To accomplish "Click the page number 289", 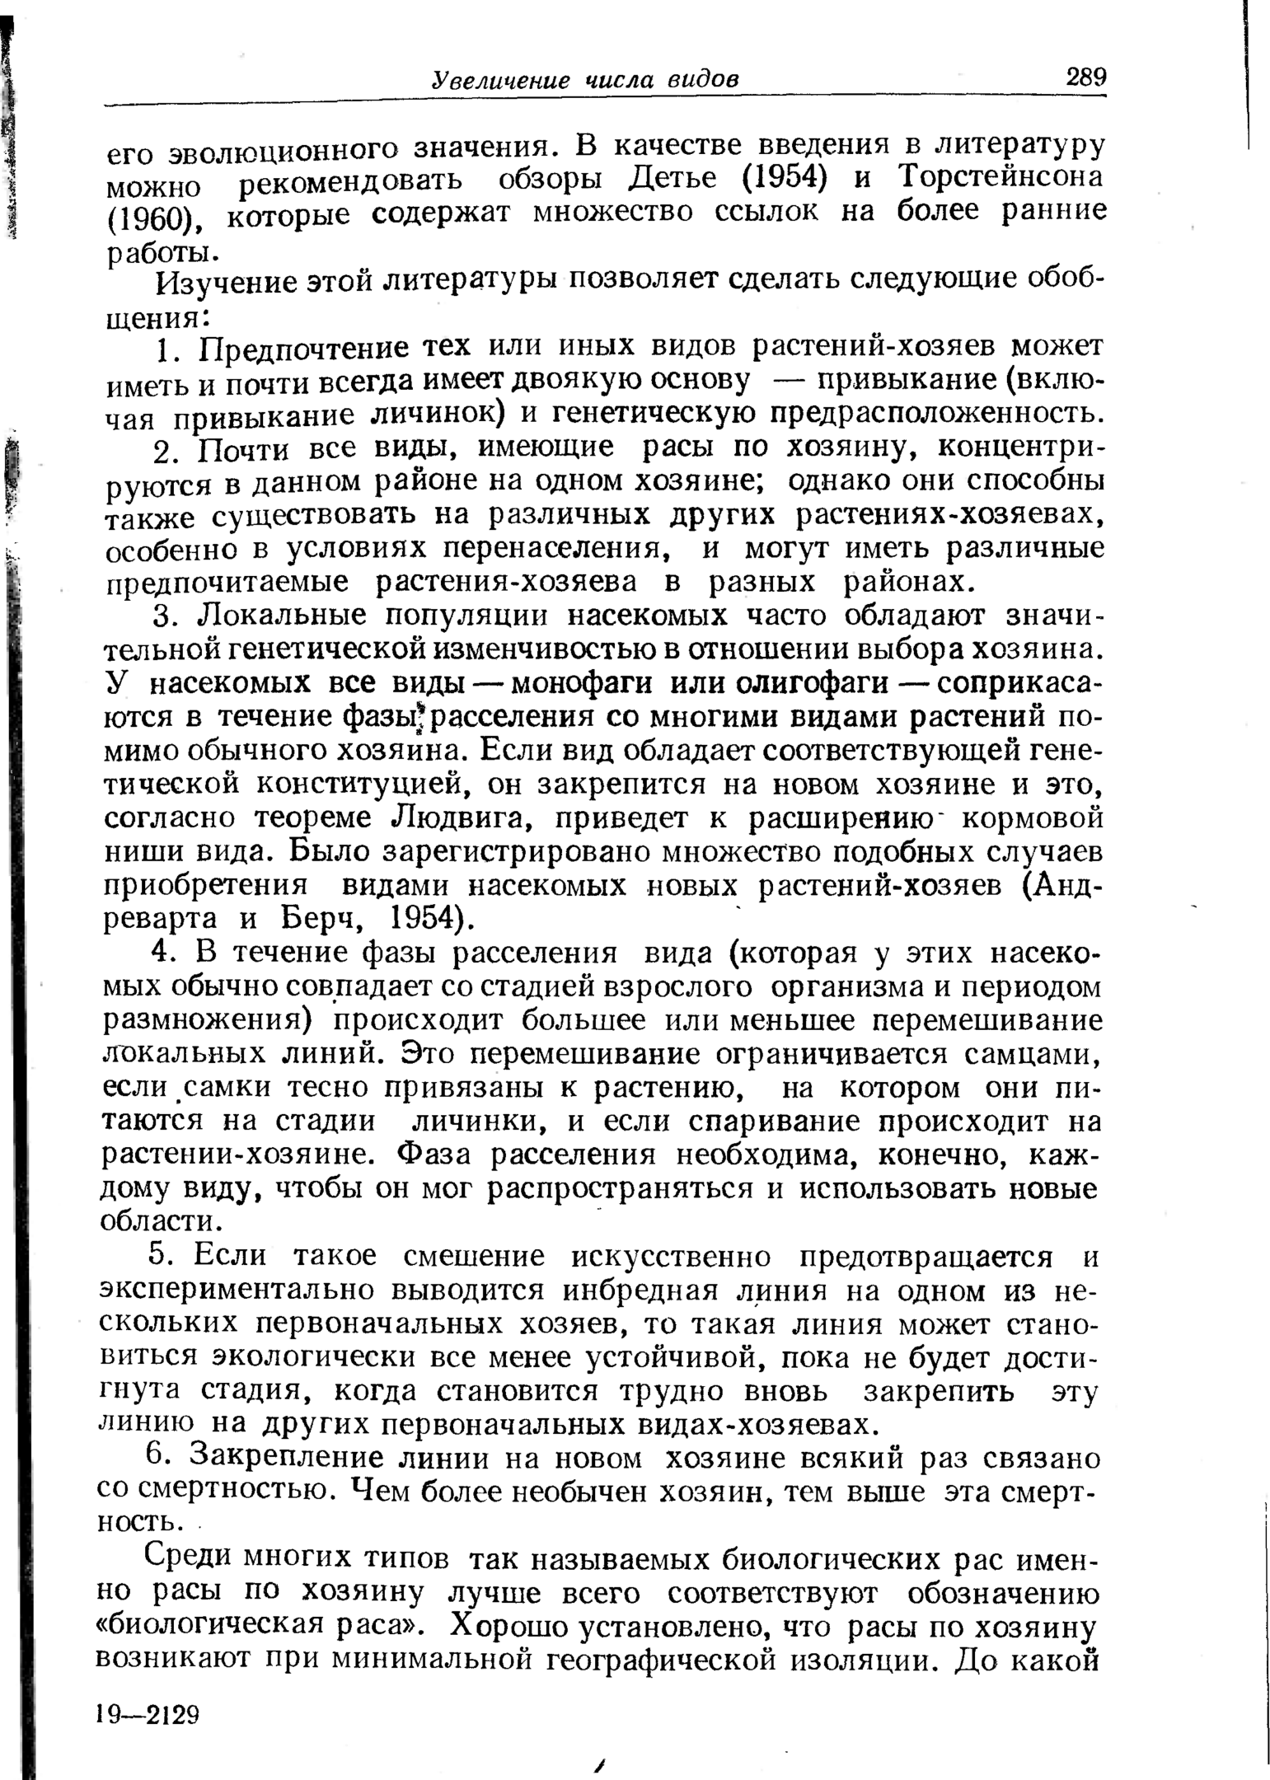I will (1085, 78).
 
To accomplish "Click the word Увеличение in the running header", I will (501, 80).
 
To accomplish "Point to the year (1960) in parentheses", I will (156, 217).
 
